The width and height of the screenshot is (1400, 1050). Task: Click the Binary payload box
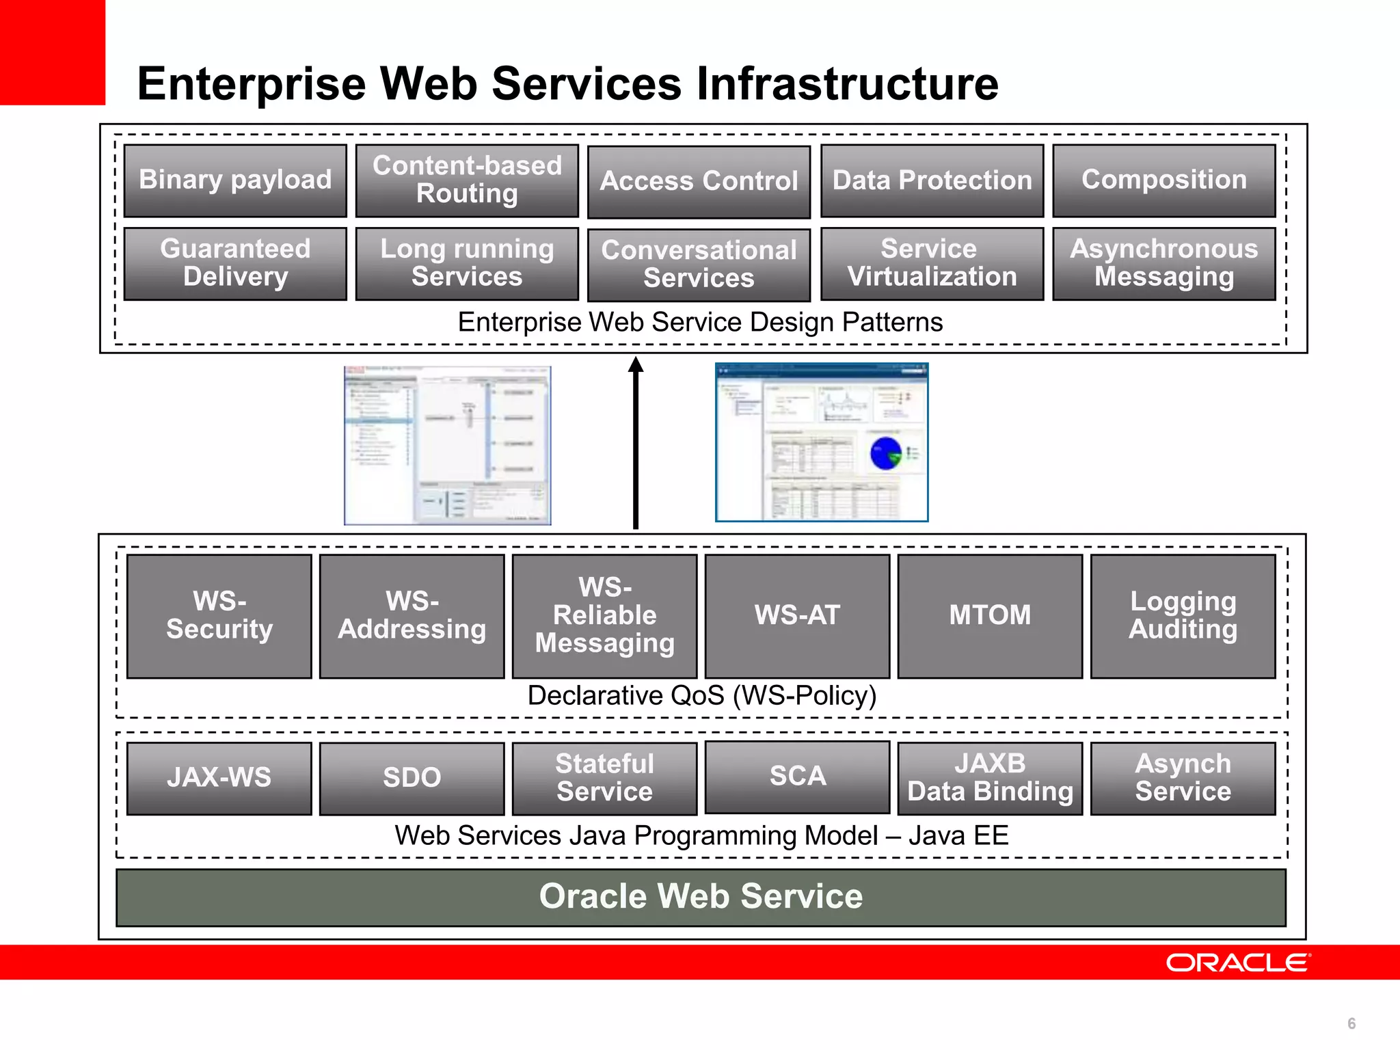[235, 180]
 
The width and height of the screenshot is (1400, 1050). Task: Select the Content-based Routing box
[467, 180]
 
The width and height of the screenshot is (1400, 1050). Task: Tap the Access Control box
[699, 182]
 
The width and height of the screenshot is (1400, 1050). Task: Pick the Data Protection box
[932, 180]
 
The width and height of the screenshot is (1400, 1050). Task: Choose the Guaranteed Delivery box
[235, 264]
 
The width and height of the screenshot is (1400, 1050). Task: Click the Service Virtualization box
[932, 264]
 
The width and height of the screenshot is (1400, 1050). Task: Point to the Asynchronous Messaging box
[1163, 264]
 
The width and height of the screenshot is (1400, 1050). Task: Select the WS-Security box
[219, 616]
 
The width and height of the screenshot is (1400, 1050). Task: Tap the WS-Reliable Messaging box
[604, 616]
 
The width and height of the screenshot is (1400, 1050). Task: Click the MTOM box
[990, 616]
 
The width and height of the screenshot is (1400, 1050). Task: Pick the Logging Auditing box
[1183, 616]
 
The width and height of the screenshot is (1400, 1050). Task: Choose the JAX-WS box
[219, 778]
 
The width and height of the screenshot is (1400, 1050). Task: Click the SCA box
[797, 777]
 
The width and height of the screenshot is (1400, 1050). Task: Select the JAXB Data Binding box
[990, 778]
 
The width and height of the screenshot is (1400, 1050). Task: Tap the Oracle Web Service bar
[701, 897]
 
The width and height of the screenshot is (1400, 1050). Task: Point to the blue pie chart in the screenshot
[886, 453]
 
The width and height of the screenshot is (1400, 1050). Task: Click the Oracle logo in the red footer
[1238, 962]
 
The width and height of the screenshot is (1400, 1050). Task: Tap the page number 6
[1351, 1023]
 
